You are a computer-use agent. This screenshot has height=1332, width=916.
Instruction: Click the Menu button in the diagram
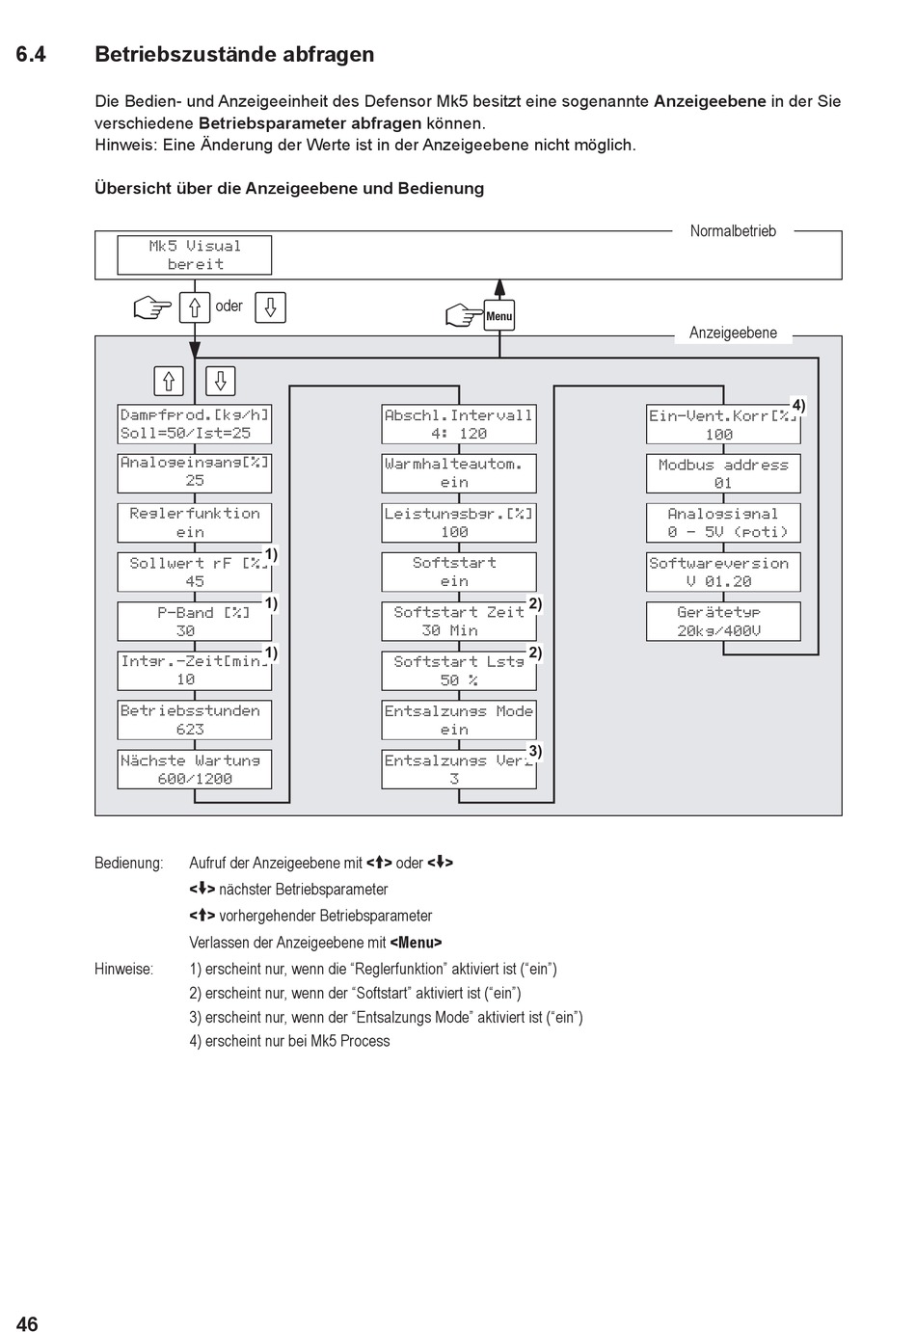pyautogui.click(x=499, y=315)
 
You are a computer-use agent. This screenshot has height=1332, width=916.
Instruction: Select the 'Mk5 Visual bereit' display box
pyautogui.click(x=195, y=255)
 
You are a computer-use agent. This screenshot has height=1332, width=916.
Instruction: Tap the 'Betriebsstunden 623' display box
pyautogui.click(x=195, y=720)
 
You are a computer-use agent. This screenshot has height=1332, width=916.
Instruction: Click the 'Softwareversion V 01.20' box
pyautogui.click(x=723, y=573)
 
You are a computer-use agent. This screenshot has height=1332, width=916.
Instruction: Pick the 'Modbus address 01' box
pyautogui.click(x=723, y=473)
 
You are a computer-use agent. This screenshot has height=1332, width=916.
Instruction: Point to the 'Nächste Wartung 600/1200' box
pyautogui.click(x=195, y=769)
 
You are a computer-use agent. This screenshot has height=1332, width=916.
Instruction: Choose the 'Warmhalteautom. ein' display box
pyautogui.click(x=459, y=473)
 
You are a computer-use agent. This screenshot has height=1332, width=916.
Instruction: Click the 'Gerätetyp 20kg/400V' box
pyautogui.click(x=723, y=622)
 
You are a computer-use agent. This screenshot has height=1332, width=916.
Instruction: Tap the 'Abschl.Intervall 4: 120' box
pyautogui.click(x=459, y=424)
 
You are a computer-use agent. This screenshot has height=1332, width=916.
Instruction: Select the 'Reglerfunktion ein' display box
pyautogui.click(x=195, y=522)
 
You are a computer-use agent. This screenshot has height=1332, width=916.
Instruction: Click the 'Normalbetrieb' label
pyautogui.click(x=733, y=230)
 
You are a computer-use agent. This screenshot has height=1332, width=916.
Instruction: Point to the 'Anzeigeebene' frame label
pyautogui.click(x=733, y=333)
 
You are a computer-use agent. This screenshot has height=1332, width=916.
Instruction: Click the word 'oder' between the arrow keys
pyautogui.click(x=229, y=306)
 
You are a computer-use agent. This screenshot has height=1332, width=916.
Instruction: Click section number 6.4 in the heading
pyautogui.click(x=31, y=55)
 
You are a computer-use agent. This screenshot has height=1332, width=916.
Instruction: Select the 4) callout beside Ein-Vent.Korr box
pyautogui.click(x=798, y=406)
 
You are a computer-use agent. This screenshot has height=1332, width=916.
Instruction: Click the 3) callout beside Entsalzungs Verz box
pyautogui.click(x=535, y=752)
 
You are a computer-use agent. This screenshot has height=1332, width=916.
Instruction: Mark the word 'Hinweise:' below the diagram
pyautogui.click(x=123, y=969)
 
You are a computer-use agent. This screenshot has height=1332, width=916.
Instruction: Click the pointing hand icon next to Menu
pyautogui.click(x=464, y=315)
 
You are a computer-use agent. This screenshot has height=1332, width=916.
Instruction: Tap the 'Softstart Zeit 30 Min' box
pyautogui.click(x=459, y=622)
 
